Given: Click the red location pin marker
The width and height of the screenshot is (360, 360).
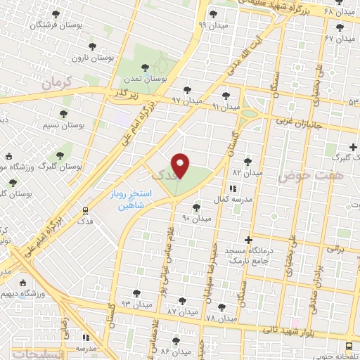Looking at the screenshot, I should (181, 165).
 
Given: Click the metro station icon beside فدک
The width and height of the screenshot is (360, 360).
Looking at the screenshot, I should (86, 210).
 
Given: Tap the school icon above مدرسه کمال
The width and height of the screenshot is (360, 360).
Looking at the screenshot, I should (233, 188).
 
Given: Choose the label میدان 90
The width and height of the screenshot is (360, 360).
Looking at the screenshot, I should (197, 219).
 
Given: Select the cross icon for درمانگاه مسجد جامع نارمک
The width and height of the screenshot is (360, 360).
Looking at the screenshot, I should (248, 240).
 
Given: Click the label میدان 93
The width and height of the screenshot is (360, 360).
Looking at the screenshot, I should (136, 304).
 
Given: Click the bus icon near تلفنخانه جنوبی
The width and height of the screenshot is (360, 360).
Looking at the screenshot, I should (349, 345).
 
